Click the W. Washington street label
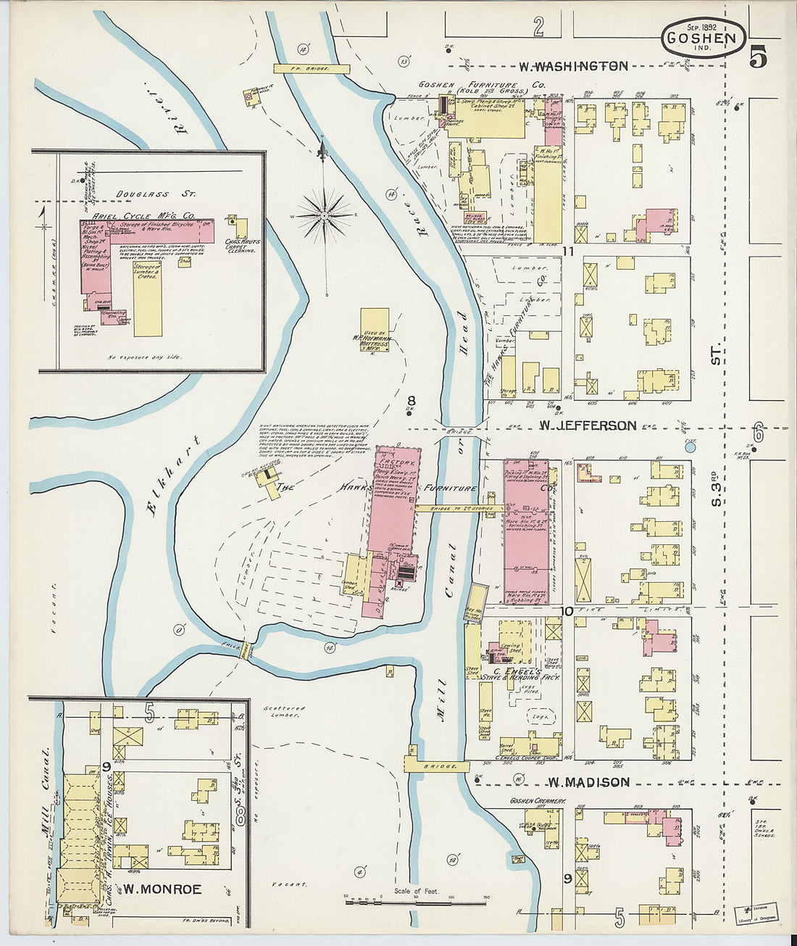click(x=572, y=67)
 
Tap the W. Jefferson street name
click(x=587, y=426)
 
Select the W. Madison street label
click(x=588, y=782)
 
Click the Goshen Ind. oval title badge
click(x=702, y=38)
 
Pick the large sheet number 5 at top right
click(x=758, y=57)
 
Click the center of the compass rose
click(x=324, y=215)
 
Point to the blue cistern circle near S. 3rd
click(x=690, y=447)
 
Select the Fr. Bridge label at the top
click(x=312, y=68)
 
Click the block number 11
click(x=567, y=251)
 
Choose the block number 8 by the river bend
click(x=411, y=400)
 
